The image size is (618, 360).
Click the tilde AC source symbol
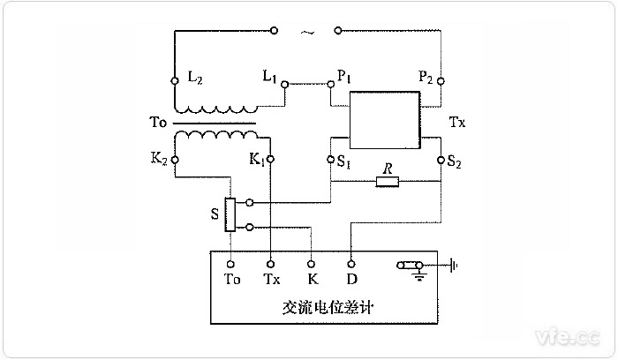(x=306, y=33)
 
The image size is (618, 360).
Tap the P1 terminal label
(x=344, y=77)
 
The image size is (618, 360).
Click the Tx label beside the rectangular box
(x=457, y=123)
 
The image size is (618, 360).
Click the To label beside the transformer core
(x=153, y=124)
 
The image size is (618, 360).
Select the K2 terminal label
(x=160, y=161)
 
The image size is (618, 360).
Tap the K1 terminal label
(x=256, y=161)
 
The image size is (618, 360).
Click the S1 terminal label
(x=344, y=161)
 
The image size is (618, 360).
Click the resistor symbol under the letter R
(x=387, y=183)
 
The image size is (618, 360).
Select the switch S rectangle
(x=230, y=214)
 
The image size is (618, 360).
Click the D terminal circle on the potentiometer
(x=352, y=263)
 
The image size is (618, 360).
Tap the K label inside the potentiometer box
(x=311, y=280)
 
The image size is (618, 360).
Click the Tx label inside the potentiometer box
(x=272, y=280)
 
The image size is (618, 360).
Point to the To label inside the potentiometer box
(x=232, y=280)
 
